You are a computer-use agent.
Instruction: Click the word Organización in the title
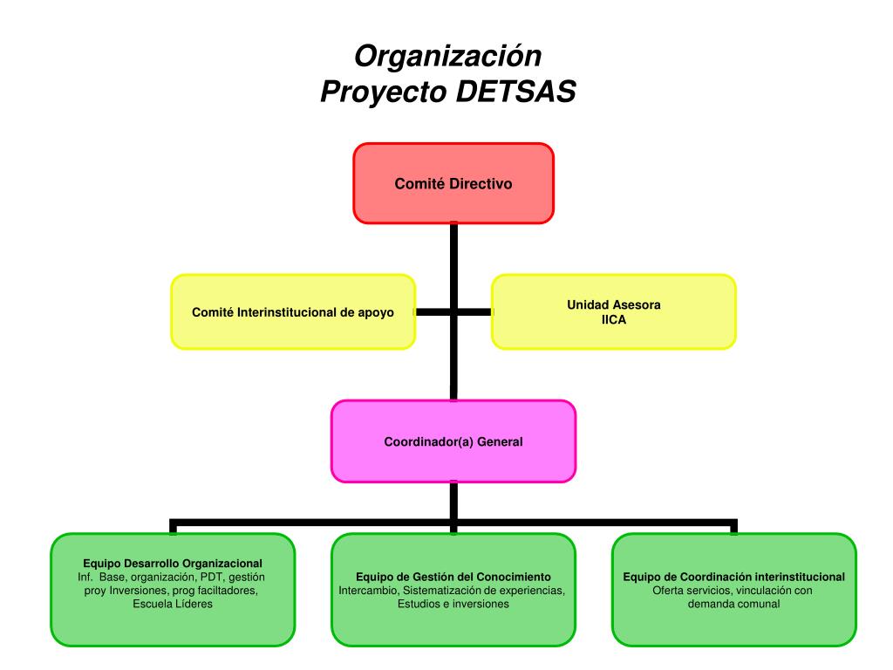[447, 57]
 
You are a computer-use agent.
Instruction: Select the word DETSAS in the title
[516, 92]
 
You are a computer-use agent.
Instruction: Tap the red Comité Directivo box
[453, 183]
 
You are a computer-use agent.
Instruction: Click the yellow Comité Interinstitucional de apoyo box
[293, 311]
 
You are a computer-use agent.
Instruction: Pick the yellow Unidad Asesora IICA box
[613, 311]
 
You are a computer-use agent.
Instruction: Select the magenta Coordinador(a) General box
[453, 441]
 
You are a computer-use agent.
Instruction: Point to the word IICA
[613, 320]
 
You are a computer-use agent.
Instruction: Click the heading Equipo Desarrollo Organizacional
[173, 564]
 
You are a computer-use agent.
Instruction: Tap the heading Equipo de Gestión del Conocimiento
[453, 577]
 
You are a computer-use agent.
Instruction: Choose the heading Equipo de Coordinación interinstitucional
[733, 577]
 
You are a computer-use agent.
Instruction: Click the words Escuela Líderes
[173, 604]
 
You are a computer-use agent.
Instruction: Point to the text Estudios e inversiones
[453, 604]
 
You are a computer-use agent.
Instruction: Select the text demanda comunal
[733, 604]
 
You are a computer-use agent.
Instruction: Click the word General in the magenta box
[500, 441]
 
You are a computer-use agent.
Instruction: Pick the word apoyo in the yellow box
[376, 313]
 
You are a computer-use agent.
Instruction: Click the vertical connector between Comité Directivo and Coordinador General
[453, 311]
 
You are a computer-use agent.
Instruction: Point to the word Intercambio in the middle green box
[368, 591]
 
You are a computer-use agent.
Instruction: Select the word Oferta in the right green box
[667, 591]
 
